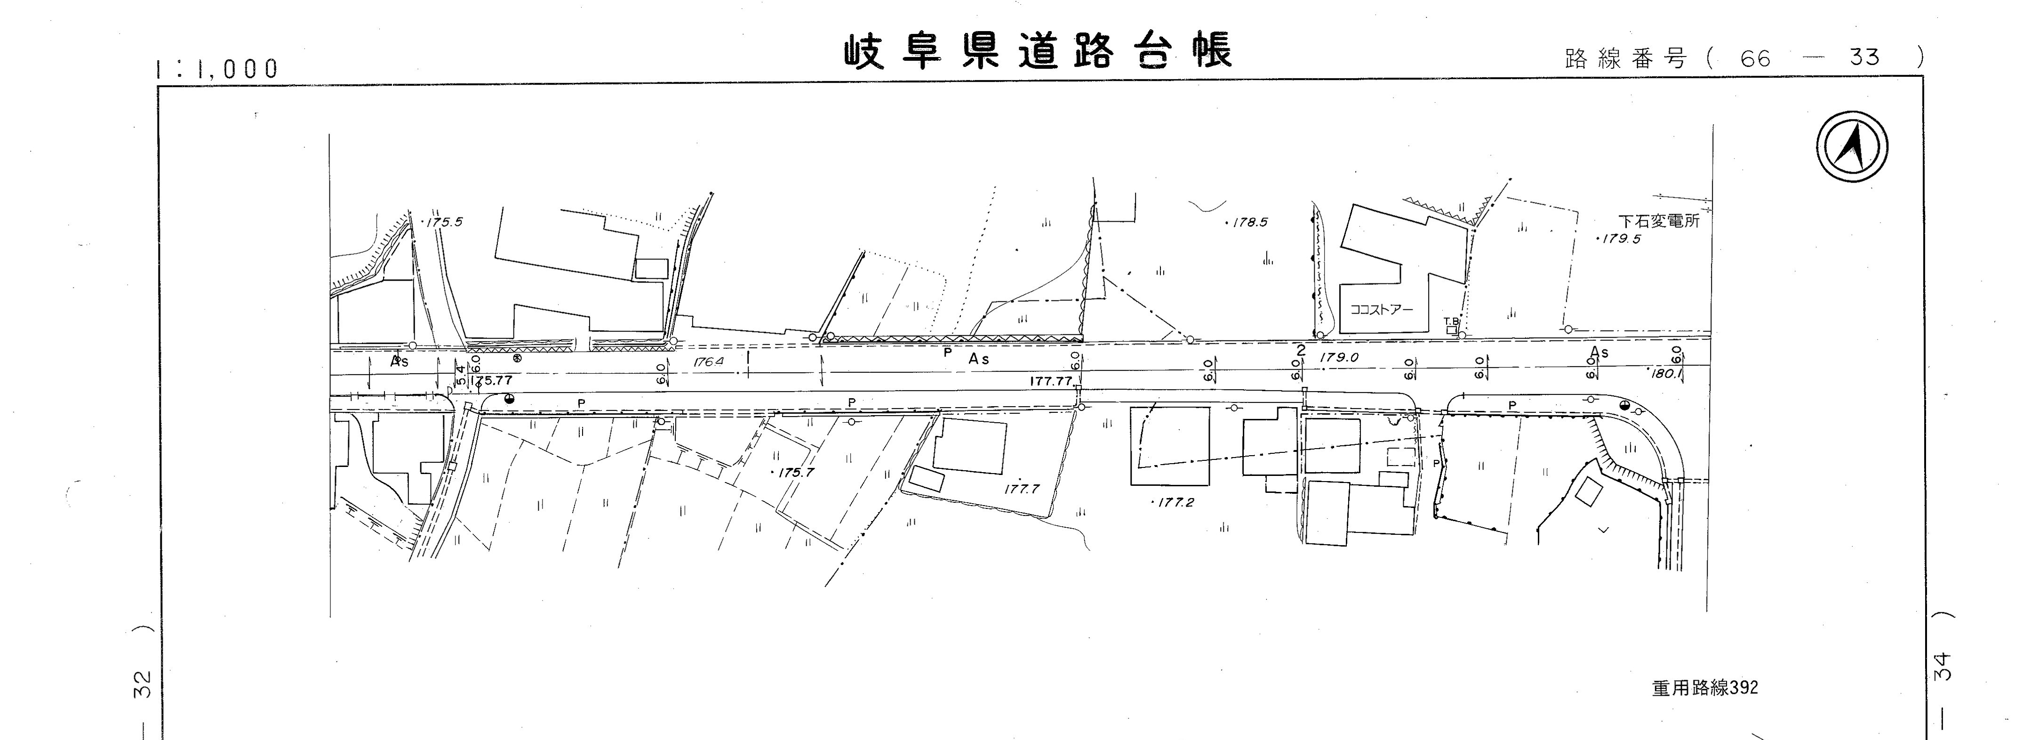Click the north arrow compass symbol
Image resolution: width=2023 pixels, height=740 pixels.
coord(1852,147)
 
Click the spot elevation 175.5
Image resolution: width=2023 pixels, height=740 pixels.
coord(444,222)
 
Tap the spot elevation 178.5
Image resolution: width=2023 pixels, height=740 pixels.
coord(1248,222)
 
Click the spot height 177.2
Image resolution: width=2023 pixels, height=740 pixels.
coord(1175,502)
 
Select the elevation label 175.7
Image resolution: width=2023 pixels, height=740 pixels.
coord(795,473)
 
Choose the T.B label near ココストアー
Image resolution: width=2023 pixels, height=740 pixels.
coord(1451,322)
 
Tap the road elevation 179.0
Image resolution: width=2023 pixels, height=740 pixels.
coord(1339,357)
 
